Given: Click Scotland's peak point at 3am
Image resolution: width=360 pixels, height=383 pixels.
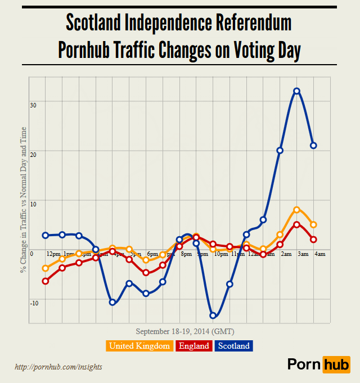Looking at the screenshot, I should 296,91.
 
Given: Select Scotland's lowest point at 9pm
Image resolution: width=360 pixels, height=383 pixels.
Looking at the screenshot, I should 213,316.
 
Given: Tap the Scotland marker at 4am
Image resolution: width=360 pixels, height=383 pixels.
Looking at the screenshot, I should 313,146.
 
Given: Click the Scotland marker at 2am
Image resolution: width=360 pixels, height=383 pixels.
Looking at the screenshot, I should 280,150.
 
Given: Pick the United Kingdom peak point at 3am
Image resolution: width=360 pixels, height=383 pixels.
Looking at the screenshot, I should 296,210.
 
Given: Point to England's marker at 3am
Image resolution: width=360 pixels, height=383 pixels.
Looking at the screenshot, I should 296,224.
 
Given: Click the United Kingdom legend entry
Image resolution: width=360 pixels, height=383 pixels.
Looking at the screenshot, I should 139,346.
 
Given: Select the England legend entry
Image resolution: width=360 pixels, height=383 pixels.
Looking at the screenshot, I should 194,346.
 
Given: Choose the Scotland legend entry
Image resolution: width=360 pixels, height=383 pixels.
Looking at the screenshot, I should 233,346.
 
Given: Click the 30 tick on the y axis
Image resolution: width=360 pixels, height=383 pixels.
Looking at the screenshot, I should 33,105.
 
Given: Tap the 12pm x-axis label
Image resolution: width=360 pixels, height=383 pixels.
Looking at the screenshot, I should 53,254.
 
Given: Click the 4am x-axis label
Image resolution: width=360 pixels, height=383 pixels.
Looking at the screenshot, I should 319,254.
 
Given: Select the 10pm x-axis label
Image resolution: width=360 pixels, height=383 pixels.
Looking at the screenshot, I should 220,254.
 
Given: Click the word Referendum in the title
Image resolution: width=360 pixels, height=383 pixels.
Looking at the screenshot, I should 247,23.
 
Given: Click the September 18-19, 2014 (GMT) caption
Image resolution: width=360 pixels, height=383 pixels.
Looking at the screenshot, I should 185,331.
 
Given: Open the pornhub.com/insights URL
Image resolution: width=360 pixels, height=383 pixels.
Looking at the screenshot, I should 58,367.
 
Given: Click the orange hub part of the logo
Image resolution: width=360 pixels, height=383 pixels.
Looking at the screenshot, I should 336,364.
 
